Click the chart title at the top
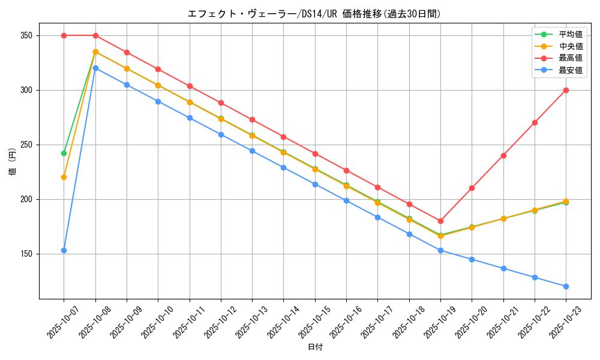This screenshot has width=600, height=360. click(x=315, y=14)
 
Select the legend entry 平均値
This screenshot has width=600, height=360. click(x=571, y=34)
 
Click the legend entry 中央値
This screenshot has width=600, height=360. click(x=571, y=46)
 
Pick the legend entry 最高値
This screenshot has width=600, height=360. click(x=571, y=58)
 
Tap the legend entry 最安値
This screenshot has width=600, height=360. click(x=571, y=70)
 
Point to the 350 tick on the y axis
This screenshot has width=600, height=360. click(x=25, y=35)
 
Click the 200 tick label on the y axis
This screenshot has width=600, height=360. click(x=25, y=199)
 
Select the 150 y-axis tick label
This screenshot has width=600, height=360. click(x=25, y=254)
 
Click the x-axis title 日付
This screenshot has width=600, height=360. click(x=315, y=347)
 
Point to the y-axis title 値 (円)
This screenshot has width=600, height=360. click(x=12, y=163)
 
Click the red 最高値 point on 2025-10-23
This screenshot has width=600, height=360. click(x=566, y=90)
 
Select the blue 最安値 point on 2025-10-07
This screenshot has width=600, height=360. click(x=64, y=250)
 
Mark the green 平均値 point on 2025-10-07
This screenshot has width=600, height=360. click(x=64, y=153)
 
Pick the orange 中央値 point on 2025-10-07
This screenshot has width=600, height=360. click(x=64, y=177)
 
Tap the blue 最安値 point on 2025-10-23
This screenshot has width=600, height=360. click(x=566, y=286)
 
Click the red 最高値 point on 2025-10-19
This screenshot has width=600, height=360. click(x=440, y=221)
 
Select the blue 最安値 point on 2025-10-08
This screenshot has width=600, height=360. click(x=95, y=68)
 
